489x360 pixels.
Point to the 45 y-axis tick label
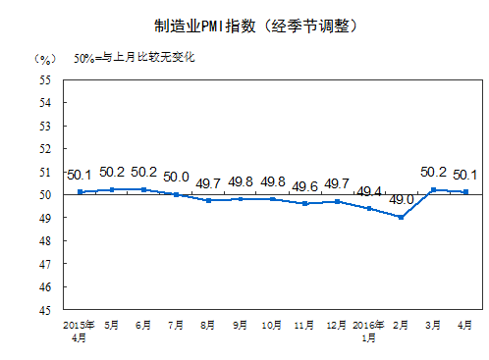(45, 310)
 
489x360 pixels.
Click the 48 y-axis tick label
(45, 240)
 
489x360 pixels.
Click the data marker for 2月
(402, 217)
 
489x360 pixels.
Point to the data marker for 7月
(176, 194)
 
